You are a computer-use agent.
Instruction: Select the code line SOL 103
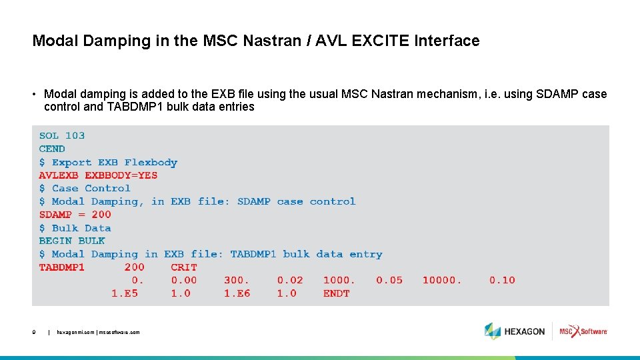coord(62,135)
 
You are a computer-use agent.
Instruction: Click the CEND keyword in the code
coord(52,149)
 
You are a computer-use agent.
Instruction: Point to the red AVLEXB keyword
coord(59,175)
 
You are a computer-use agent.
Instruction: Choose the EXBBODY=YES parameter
coord(121,175)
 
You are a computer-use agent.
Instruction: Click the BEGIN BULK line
coord(72,241)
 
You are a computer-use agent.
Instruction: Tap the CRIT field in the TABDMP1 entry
coord(184,267)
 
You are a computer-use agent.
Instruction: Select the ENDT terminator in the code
coord(337,293)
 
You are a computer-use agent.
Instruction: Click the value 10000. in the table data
coord(442,280)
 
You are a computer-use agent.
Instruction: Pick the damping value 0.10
coord(502,280)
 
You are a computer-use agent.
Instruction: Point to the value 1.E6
coord(237,293)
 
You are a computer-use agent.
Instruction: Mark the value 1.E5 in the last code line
coord(125,293)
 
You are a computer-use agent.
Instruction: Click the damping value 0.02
coord(289,280)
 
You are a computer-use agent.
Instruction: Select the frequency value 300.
coord(237,280)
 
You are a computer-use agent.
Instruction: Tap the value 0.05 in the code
coord(389,280)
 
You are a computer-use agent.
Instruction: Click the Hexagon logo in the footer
coord(515,331)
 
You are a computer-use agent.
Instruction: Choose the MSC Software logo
coord(583,331)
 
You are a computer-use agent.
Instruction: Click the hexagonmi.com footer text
coord(98,332)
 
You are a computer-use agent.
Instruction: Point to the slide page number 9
coord(34,332)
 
